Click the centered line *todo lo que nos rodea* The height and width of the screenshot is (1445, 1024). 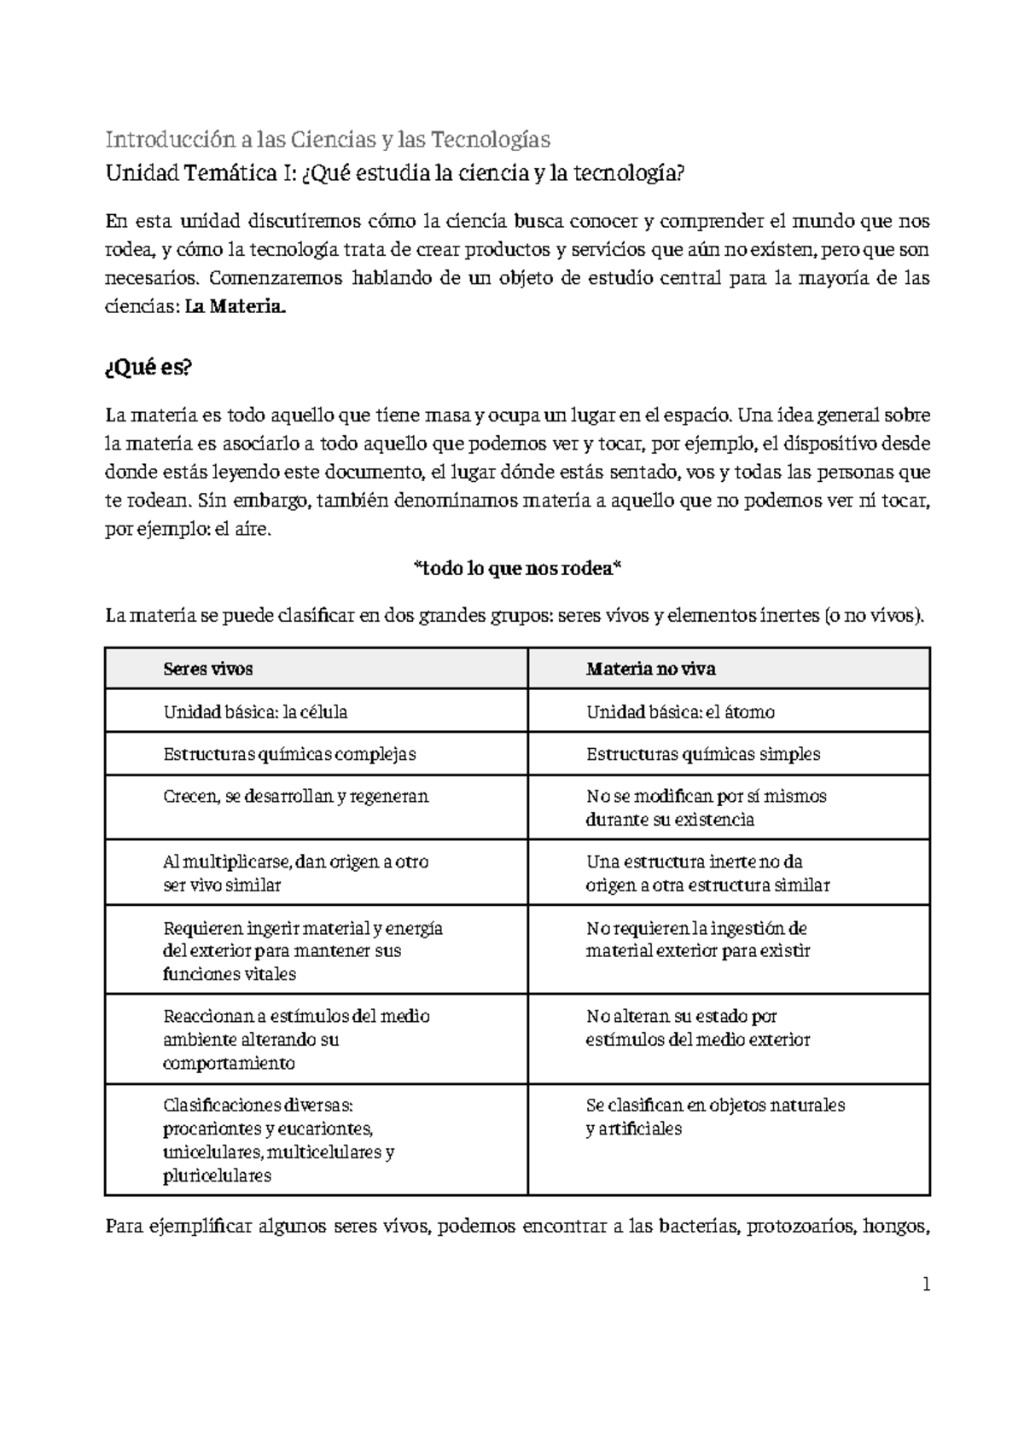(516, 570)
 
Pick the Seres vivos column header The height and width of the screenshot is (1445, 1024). (207, 670)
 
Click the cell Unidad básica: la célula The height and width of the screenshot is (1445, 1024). (254, 712)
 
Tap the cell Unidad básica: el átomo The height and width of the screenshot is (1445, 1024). (680, 712)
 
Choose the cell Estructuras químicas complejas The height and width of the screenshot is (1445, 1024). (288, 754)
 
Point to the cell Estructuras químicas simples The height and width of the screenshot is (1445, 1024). (702, 754)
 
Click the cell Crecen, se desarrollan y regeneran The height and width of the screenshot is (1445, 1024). (295, 797)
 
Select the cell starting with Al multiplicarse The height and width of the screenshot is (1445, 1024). (295, 873)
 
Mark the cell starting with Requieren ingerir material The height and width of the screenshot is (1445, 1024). (302, 950)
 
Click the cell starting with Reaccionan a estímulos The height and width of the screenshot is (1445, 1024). (295, 1039)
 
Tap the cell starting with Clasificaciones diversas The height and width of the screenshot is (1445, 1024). (278, 1140)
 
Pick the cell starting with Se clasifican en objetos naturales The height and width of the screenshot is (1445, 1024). (714, 1117)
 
